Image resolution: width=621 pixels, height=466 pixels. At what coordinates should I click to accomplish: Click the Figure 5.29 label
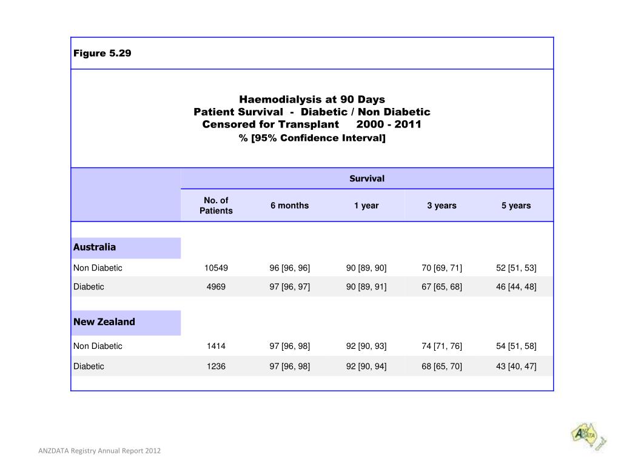(x=102, y=53)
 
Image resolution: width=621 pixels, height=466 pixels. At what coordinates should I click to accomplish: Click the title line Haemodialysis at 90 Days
(x=312, y=99)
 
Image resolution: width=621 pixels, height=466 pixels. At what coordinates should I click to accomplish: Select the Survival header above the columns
(x=367, y=178)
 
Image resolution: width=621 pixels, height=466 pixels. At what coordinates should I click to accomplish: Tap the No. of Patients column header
(x=216, y=205)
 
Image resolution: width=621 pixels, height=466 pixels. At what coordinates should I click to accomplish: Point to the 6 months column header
(x=289, y=205)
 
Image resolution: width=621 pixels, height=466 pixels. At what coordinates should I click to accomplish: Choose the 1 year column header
(x=366, y=205)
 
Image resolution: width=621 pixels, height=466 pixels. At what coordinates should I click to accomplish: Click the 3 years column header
(x=441, y=205)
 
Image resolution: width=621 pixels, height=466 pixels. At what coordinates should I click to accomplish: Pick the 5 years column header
(x=516, y=205)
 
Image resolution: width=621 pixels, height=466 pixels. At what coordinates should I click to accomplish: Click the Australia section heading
(x=95, y=248)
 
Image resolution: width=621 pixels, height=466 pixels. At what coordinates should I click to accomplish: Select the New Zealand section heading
(x=104, y=322)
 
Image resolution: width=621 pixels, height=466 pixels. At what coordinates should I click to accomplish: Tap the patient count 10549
(x=216, y=268)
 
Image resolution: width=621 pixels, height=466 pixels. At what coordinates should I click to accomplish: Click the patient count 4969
(x=216, y=286)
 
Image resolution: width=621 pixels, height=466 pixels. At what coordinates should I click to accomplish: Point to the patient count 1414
(x=216, y=346)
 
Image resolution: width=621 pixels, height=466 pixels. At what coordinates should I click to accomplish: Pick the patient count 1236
(x=216, y=366)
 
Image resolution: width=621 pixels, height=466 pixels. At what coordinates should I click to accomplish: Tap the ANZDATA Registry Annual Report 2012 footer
(x=99, y=451)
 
